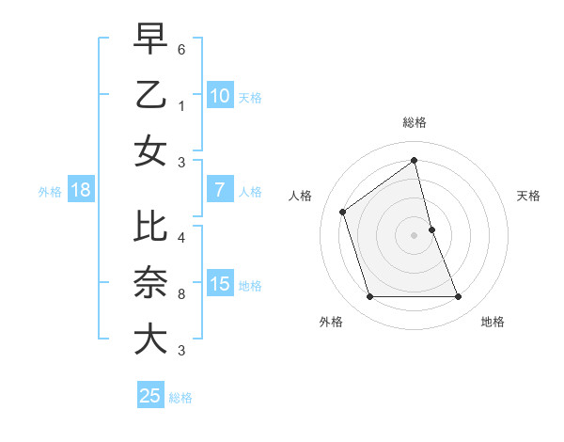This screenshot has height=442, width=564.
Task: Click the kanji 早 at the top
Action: click(150, 39)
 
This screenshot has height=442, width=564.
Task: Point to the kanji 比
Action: click(150, 227)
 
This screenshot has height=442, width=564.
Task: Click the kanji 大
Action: click(150, 338)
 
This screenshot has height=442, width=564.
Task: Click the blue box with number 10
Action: click(219, 95)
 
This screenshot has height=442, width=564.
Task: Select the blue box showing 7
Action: click(219, 189)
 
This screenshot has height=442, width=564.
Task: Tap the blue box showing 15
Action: click(219, 283)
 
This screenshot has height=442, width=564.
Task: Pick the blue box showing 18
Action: click(80, 190)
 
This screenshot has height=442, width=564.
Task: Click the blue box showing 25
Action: click(149, 396)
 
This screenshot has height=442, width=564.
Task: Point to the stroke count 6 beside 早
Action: click(181, 46)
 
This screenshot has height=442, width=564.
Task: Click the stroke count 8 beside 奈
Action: click(181, 294)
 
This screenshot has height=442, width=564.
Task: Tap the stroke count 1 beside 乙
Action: click(181, 106)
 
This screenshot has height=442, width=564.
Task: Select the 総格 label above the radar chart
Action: click(415, 122)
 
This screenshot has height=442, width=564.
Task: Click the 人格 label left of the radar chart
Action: click(301, 196)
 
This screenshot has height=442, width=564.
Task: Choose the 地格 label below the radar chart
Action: click(493, 322)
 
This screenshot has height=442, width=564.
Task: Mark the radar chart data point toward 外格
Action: click(369, 297)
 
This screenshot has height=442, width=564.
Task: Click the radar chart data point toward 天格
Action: click(431, 229)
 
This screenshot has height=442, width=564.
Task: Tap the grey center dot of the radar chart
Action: click(414, 235)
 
